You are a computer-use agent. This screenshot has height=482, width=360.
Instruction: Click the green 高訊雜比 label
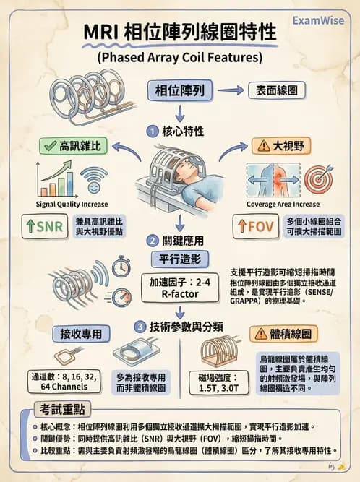pos(74,145)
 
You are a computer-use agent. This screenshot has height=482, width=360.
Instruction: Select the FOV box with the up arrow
pos(254,225)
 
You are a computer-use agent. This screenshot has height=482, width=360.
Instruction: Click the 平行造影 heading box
pos(179,258)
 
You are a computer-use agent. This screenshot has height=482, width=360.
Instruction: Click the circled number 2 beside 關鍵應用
pos(153,241)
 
